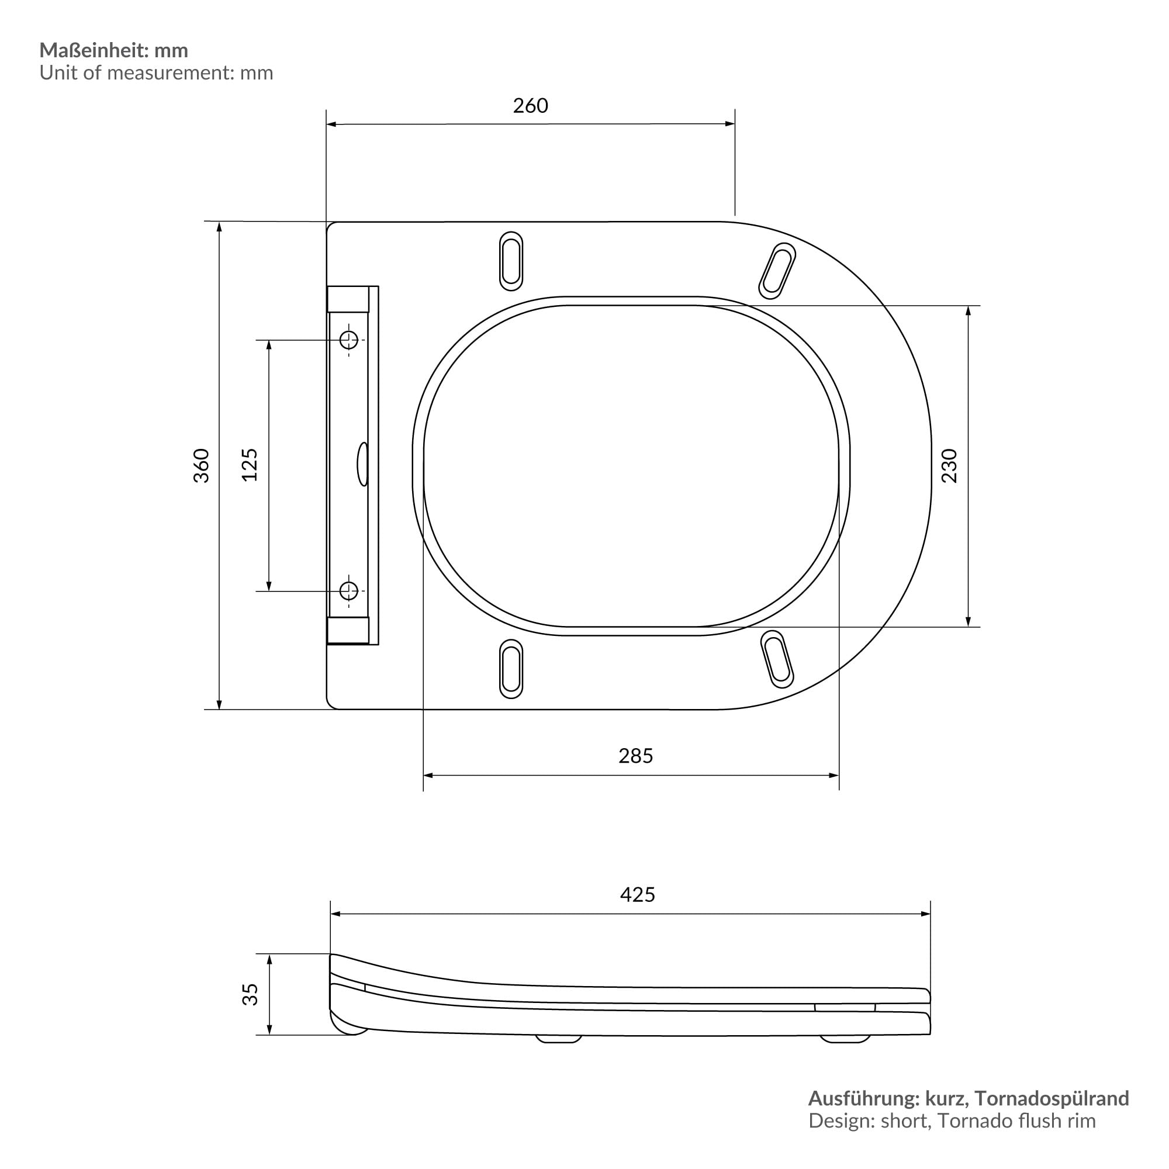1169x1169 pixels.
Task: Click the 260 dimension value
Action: (530, 106)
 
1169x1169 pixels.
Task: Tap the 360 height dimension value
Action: (202, 465)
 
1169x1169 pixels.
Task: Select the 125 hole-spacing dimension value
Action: (250, 465)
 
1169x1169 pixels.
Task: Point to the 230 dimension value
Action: (950, 465)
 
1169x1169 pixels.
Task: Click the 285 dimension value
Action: (635, 756)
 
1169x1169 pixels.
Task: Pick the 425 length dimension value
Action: (637, 894)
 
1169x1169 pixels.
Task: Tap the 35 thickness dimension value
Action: (250, 995)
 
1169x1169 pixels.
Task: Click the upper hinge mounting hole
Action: (349, 340)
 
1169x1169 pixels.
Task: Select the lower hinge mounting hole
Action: (349, 590)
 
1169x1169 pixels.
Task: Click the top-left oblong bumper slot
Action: (511, 261)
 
